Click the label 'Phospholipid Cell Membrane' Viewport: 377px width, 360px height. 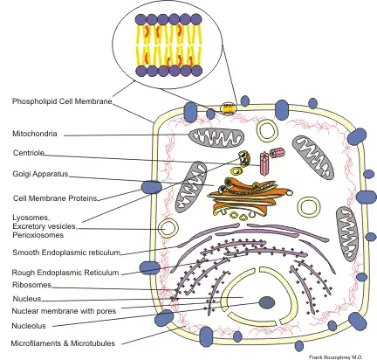[62, 102]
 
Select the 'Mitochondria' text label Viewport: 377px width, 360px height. [35, 135]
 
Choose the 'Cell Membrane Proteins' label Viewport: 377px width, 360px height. [48, 197]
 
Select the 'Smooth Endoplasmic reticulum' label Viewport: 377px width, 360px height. [65, 252]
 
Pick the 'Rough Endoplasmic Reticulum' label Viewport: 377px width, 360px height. [65, 271]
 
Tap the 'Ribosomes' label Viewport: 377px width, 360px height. [31, 284]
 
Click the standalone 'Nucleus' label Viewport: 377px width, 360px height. [26, 298]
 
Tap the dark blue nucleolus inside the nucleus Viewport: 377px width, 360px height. [267, 303]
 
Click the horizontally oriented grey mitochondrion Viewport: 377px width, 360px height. [213, 138]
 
